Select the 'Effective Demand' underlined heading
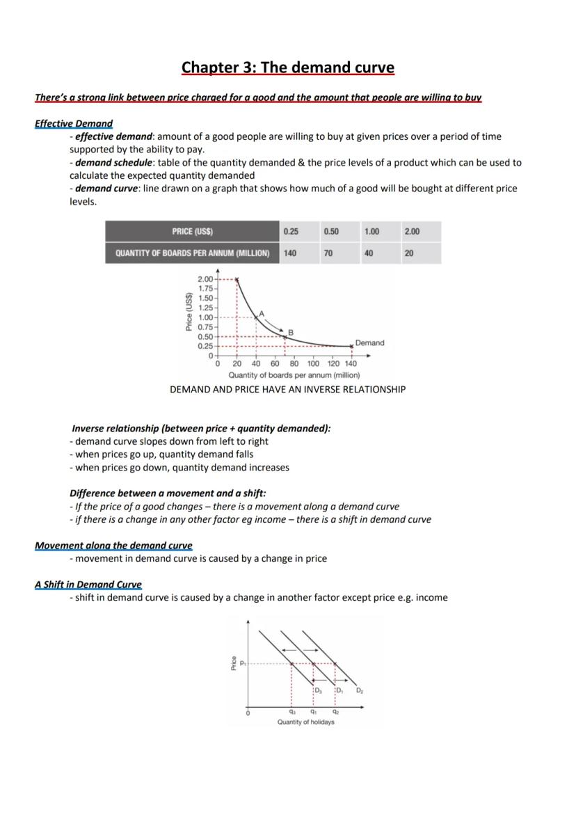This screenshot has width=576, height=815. [x=73, y=124]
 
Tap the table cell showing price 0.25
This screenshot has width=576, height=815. [x=291, y=232]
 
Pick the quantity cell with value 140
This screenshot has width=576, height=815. [x=290, y=253]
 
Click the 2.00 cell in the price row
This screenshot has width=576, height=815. [x=412, y=232]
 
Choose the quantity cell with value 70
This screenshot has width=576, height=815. [x=328, y=253]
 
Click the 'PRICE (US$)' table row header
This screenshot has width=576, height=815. [x=192, y=232]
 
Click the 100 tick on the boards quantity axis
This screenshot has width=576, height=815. [x=313, y=363]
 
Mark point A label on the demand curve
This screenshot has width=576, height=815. [x=262, y=313]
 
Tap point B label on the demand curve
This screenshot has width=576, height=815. [x=291, y=331]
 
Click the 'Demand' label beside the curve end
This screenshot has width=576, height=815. [x=369, y=342]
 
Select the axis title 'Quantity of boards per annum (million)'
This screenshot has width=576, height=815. [x=294, y=375]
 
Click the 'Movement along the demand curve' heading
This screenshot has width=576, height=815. [x=113, y=546]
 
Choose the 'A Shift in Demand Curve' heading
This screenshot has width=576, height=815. [x=88, y=585]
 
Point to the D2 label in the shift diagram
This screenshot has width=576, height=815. [x=360, y=690]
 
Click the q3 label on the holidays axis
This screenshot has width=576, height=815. [x=292, y=711]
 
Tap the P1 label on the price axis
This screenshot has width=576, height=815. [x=243, y=664]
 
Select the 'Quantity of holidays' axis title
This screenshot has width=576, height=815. [x=305, y=722]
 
